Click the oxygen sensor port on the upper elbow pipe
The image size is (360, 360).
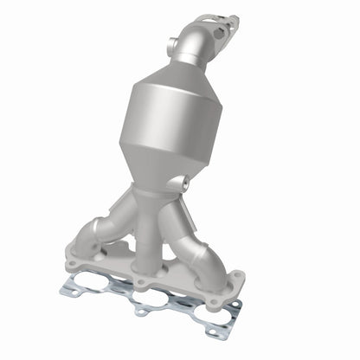pos(174,42)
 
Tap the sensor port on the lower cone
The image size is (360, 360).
pos(183,183)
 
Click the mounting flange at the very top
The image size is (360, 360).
pos(215,22)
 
